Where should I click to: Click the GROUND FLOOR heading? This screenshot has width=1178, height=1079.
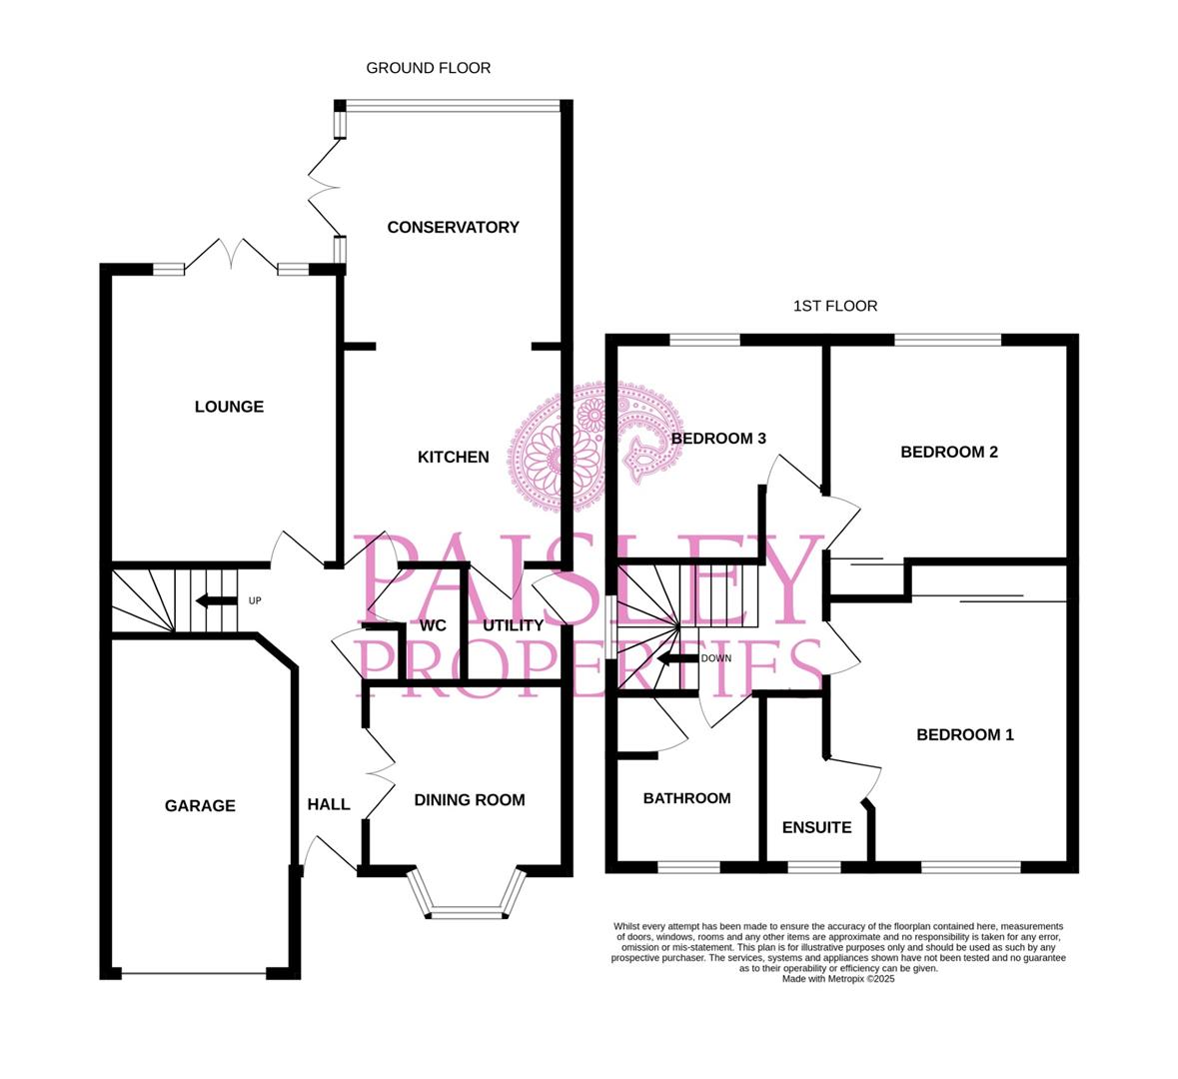[428, 68]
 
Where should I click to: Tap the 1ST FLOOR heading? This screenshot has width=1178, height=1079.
[835, 306]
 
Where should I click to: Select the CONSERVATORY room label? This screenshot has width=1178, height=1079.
[453, 227]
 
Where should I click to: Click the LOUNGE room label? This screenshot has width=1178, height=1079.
[229, 407]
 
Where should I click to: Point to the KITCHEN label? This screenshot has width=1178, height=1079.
[453, 457]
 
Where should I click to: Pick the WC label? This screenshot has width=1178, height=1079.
[433, 625]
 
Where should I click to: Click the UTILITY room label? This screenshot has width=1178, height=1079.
[513, 625]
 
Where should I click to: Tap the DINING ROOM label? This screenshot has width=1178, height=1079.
[469, 799]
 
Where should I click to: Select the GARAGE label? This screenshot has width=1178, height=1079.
[200, 805]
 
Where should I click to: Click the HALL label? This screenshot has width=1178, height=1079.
[328, 804]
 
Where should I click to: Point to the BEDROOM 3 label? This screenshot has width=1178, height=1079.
[717, 438]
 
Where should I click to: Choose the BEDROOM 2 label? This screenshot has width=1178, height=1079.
[948, 452]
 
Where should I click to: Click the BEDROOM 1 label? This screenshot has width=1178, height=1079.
[964, 734]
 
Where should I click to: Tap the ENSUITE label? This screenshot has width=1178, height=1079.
[816, 827]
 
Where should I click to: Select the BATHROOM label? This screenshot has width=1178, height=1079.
[686, 798]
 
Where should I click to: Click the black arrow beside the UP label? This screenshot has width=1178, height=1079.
[214, 601]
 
